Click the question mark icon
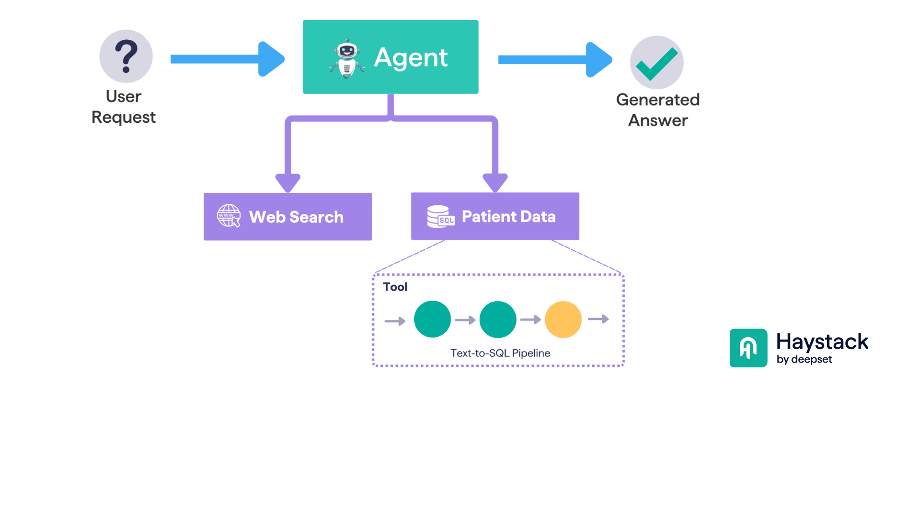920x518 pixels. tap(126, 56)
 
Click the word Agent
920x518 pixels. tap(411, 58)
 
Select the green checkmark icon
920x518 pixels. tap(656, 63)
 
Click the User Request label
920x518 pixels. tap(124, 107)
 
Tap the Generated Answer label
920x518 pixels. tap(658, 110)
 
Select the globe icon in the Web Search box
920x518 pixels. tap(229, 216)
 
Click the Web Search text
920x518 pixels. tap(296, 217)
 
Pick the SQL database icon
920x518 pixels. tap(440, 216)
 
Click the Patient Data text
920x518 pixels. tap(508, 216)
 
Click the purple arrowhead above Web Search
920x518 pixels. tap(288, 183)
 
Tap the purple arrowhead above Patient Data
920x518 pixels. tap(495, 183)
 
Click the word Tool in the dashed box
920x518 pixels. tap(395, 287)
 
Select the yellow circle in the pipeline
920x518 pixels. tap(563, 319)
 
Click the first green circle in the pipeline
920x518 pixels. tap(432, 319)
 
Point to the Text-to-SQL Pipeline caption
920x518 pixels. tap(500, 353)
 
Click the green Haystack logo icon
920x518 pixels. tap(748, 348)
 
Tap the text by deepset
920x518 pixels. tap(804, 359)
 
